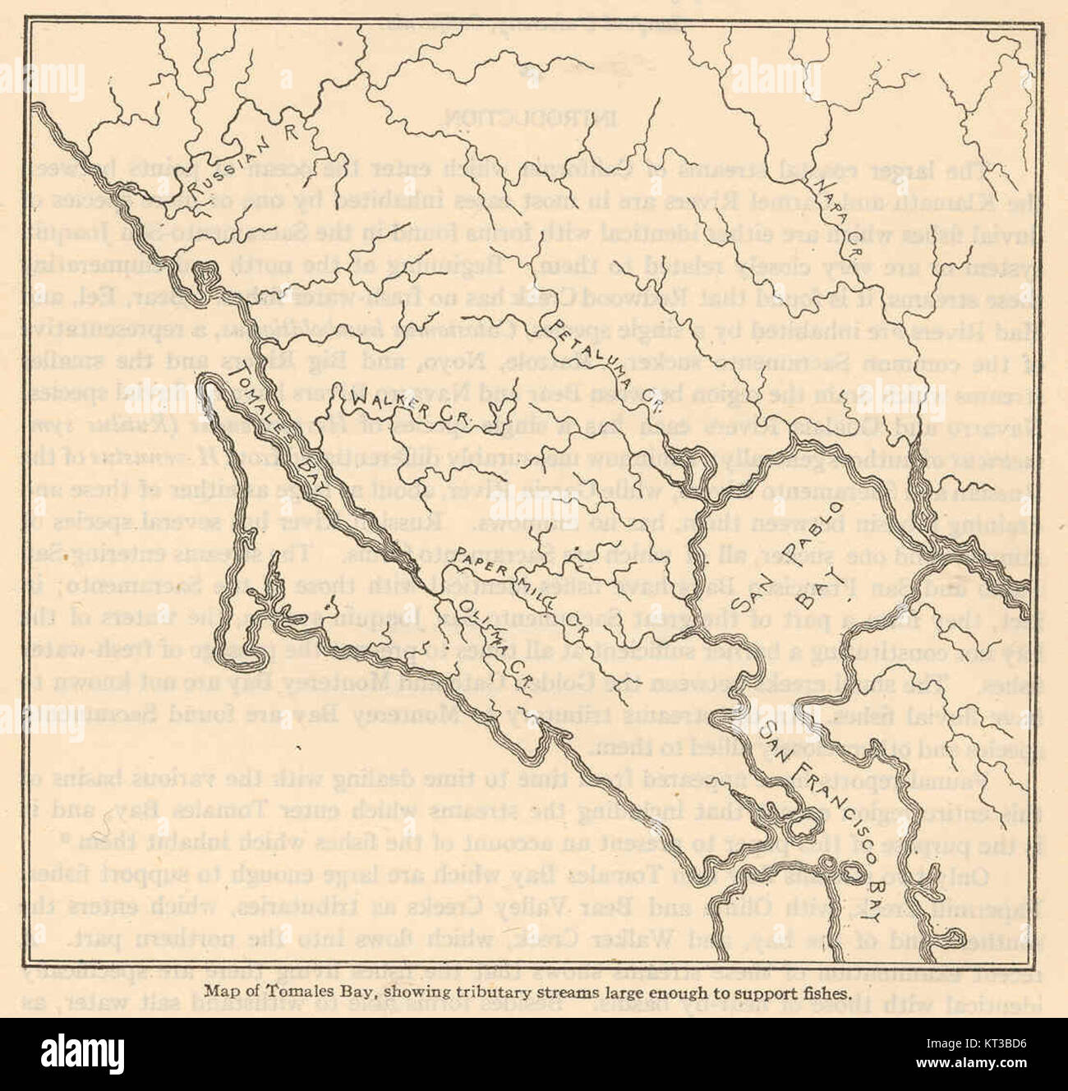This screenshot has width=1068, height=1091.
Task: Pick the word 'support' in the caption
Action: point(757,992)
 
